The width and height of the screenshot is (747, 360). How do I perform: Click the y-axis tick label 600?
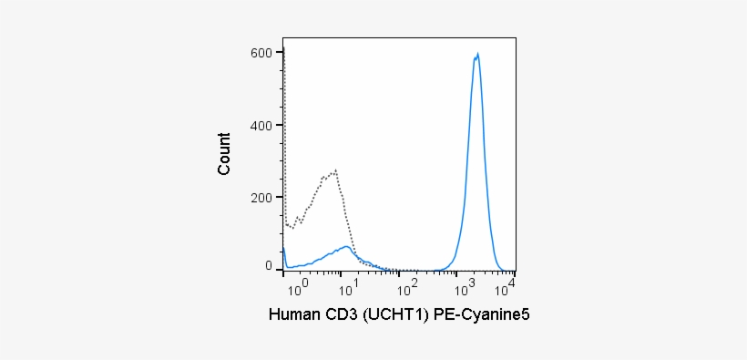coord(262,53)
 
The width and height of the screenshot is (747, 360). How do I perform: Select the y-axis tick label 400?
coord(262,125)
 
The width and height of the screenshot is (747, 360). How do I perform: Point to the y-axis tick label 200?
coord(262,197)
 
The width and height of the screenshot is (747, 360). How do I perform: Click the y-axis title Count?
coord(224,153)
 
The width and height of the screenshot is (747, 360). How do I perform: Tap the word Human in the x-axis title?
coord(293,315)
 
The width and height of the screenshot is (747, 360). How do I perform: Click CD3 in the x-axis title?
coord(342,315)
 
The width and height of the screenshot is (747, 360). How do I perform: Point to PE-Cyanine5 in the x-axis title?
coord(482,315)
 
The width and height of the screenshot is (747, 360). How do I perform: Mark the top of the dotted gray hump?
coord(335,170)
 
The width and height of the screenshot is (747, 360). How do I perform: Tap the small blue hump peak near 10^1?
coord(346,246)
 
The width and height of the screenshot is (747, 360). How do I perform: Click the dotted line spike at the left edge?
coord(284,50)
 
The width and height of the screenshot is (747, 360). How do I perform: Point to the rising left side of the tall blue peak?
coord(466,164)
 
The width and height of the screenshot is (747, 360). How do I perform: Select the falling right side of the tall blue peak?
coord(488,164)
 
